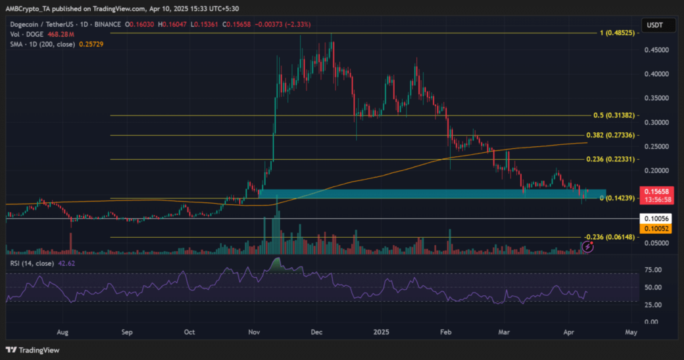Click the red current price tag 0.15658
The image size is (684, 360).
click(x=655, y=191)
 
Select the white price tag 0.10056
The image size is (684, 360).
click(x=655, y=218)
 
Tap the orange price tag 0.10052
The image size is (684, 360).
click(x=655, y=228)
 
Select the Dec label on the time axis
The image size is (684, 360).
click(x=317, y=331)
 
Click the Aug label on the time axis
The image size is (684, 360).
click(x=63, y=331)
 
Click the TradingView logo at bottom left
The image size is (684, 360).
click(x=31, y=350)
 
